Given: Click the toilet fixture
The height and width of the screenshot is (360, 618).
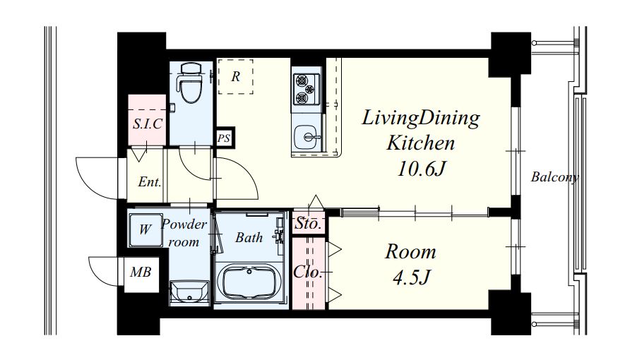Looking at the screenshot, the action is (x=191, y=83).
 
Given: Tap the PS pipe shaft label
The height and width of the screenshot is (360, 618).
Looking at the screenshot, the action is (x=224, y=138).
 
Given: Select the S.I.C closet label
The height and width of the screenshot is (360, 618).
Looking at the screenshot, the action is (x=148, y=124).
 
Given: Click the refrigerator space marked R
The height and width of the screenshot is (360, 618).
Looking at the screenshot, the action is (x=236, y=76).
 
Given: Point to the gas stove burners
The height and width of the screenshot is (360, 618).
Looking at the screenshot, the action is (x=307, y=89).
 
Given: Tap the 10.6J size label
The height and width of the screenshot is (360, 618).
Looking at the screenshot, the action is (x=422, y=169).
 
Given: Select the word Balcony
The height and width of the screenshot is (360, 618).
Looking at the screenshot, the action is (x=554, y=177).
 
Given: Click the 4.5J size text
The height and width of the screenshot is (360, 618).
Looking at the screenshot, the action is (x=411, y=277).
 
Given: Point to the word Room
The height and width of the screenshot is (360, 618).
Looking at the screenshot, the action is (x=410, y=252).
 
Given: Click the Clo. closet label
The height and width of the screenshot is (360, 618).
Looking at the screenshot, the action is (x=308, y=272).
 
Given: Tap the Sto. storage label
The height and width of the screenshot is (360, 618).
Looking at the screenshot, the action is (x=308, y=224).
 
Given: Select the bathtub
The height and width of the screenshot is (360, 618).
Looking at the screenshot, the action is (x=249, y=282).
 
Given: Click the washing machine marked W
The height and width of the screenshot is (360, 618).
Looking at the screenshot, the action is (x=145, y=229).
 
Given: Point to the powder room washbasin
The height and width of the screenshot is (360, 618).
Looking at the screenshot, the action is (x=189, y=292).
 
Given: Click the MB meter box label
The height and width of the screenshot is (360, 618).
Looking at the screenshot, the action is (x=141, y=272).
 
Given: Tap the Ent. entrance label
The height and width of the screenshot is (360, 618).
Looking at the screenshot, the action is (x=150, y=182).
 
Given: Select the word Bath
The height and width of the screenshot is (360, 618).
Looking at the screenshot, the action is (x=249, y=237).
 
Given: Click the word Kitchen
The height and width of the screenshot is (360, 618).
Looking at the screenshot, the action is (x=420, y=143).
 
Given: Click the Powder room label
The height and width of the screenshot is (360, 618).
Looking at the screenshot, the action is (x=184, y=233).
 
